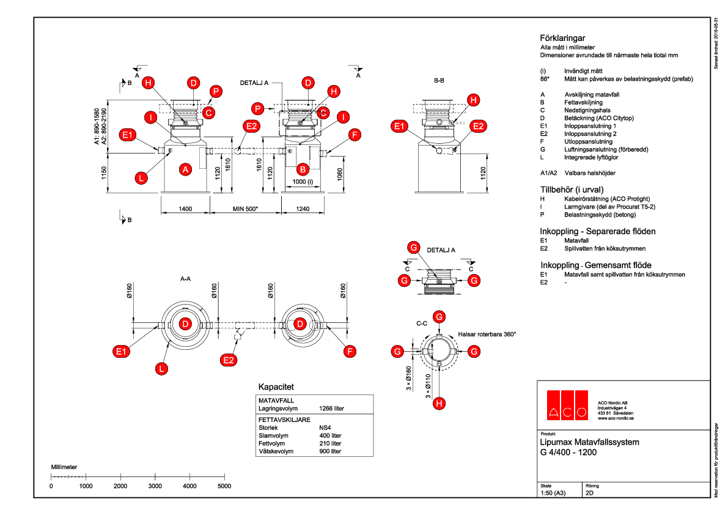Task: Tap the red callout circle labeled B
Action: (303, 169)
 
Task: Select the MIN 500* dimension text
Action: (246, 209)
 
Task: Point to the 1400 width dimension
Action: (185, 209)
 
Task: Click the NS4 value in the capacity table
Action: (325, 428)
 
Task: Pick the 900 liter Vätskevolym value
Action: (330, 451)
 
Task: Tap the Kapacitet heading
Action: (276, 387)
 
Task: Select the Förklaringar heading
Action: (562, 37)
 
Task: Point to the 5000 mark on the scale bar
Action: (224, 486)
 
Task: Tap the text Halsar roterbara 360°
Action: (487, 335)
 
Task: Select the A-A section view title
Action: (186, 278)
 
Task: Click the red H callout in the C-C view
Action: (439, 404)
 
